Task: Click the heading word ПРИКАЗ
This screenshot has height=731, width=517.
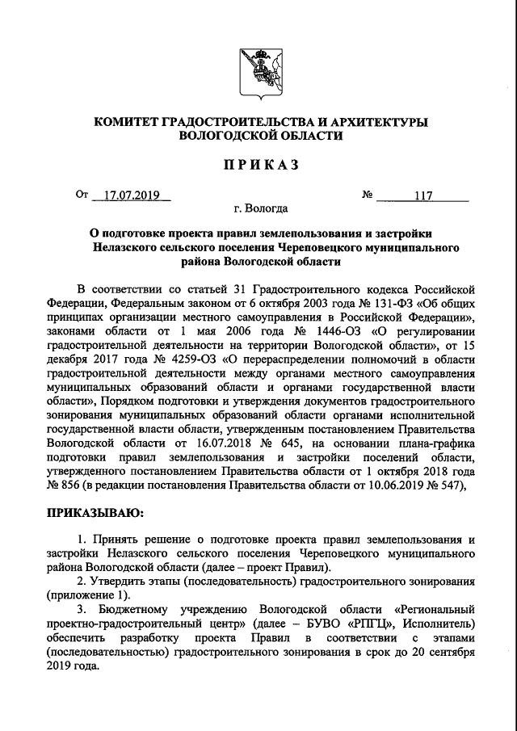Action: point(258,165)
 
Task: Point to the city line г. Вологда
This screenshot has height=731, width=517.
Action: point(258,208)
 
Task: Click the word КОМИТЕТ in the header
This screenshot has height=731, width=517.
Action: point(126,121)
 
